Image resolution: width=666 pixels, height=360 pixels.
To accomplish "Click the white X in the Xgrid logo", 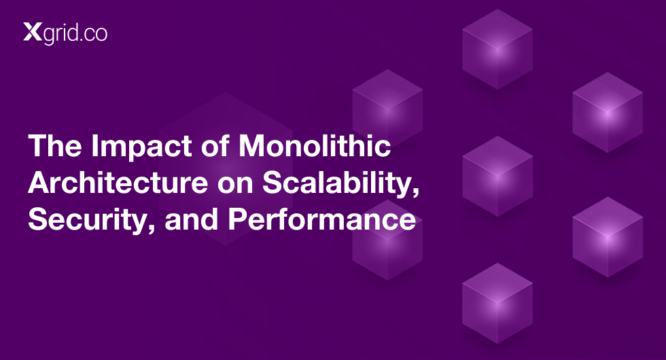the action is tap(33, 33).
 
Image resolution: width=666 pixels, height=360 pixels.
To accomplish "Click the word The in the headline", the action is tap(55, 145).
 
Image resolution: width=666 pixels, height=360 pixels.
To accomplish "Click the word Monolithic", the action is tap(314, 145).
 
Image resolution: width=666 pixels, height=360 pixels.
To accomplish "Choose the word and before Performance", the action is tap(192, 219).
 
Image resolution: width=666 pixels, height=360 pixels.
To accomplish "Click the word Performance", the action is tap(322, 219).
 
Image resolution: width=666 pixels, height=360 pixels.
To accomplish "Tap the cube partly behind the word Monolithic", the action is tap(387, 108).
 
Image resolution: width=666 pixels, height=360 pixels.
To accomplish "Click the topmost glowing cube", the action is tap(497, 49).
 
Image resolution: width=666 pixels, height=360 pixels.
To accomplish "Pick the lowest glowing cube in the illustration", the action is tap(497, 303).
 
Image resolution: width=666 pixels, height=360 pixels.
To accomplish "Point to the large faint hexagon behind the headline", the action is tap(226, 169).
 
